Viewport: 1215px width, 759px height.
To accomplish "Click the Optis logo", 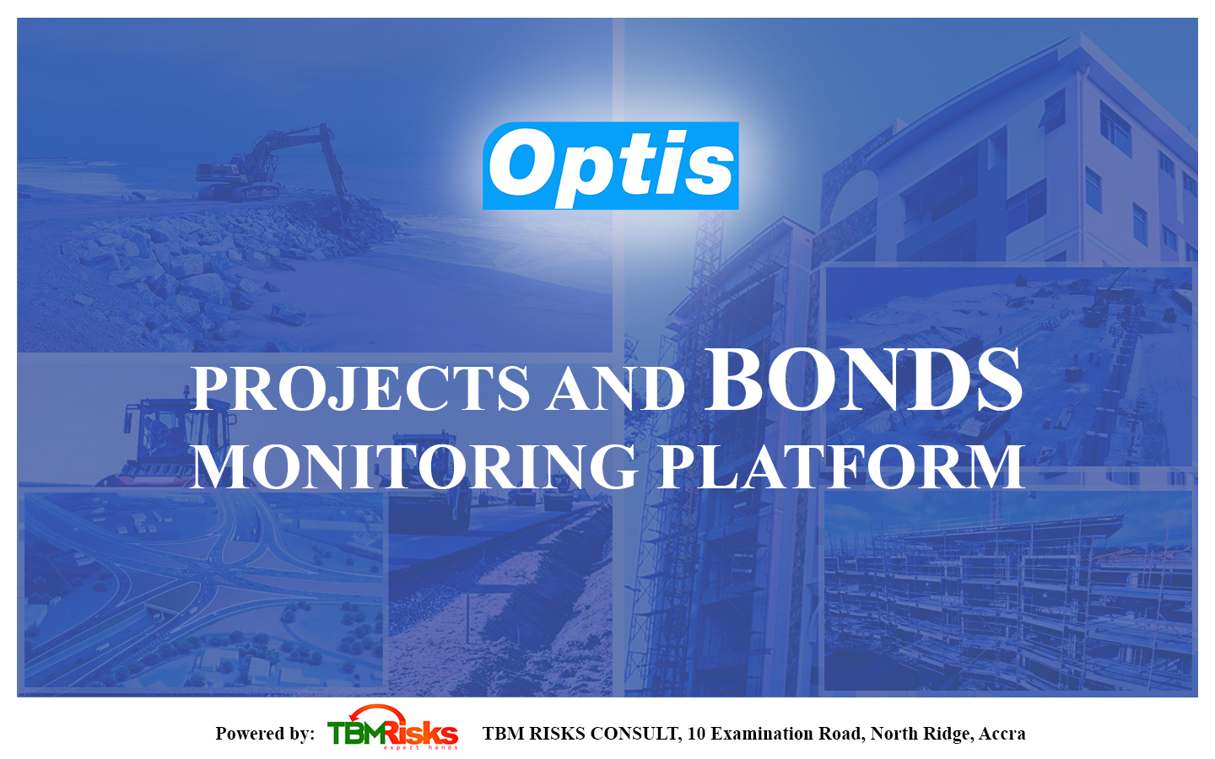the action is pyautogui.click(x=611, y=166).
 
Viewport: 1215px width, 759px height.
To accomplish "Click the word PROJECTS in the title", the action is pyautogui.click(x=359, y=388).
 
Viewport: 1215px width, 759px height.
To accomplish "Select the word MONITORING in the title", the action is pyautogui.click(x=415, y=467).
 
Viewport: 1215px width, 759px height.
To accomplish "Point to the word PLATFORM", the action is pyautogui.click(x=841, y=467).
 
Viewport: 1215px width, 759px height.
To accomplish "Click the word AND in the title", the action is pyautogui.click(x=616, y=389).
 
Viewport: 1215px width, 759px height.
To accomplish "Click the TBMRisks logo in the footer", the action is pyautogui.click(x=392, y=728).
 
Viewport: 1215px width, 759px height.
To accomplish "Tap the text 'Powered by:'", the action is pyautogui.click(x=265, y=734).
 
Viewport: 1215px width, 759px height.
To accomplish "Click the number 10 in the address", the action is pyautogui.click(x=695, y=734).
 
